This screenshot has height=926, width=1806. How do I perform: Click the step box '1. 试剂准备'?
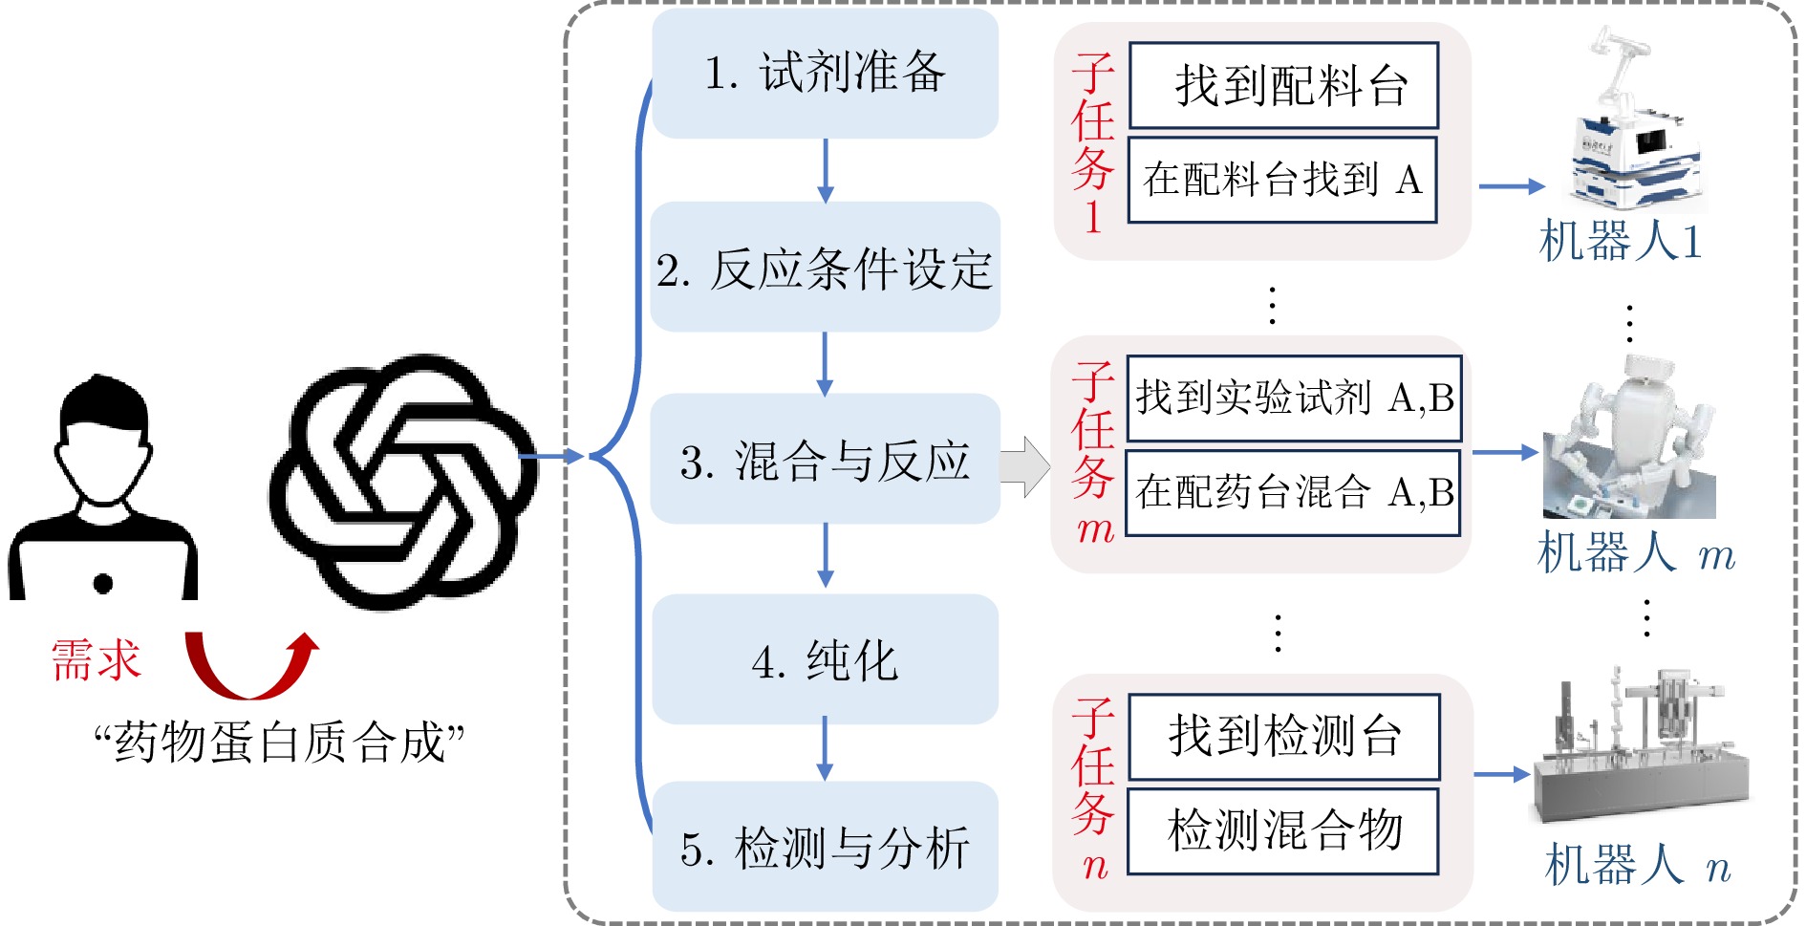pos(826,74)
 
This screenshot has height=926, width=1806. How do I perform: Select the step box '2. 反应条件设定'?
pos(826,267)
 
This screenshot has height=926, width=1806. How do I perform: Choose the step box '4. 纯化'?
pos(826,659)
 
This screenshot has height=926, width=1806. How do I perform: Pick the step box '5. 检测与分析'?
pos(826,847)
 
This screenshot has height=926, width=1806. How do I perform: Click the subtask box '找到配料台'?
pos(1283,85)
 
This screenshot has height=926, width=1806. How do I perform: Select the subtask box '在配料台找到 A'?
pos(1282,180)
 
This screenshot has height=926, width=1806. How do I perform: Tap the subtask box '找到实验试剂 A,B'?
pos(1294,398)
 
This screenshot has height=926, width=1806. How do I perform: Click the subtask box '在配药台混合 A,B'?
pos(1294,492)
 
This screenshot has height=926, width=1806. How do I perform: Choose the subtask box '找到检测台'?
pos(1284,736)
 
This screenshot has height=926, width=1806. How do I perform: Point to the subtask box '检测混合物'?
pos(1283,830)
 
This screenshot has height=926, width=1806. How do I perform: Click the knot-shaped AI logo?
pos(402,483)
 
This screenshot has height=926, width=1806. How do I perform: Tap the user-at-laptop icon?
pos(103,487)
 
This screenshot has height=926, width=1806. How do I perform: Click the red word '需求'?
pos(96,660)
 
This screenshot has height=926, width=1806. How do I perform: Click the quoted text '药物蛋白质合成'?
pos(280,743)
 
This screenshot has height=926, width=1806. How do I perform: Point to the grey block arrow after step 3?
pos(1025,467)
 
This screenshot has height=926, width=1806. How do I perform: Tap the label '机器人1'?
pos(1621,240)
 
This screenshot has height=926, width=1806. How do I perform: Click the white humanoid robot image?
pos(1629,437)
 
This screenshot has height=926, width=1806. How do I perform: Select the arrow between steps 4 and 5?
pos(826,748)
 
